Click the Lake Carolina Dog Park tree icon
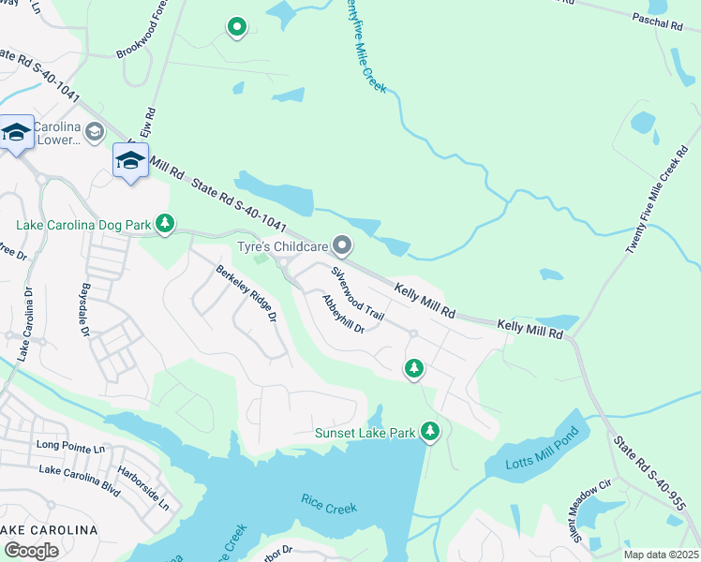coord(165,223)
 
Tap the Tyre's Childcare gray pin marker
coord(342,246)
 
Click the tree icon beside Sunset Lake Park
coord(429,431)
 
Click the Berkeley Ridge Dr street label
coord(246,294)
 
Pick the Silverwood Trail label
coord(357,293)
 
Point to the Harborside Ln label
coord(150,490)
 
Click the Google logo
coord(31,550)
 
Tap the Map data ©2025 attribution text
coord(660,554)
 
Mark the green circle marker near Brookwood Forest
coord(237,27)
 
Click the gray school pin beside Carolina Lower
coord(94,132)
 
